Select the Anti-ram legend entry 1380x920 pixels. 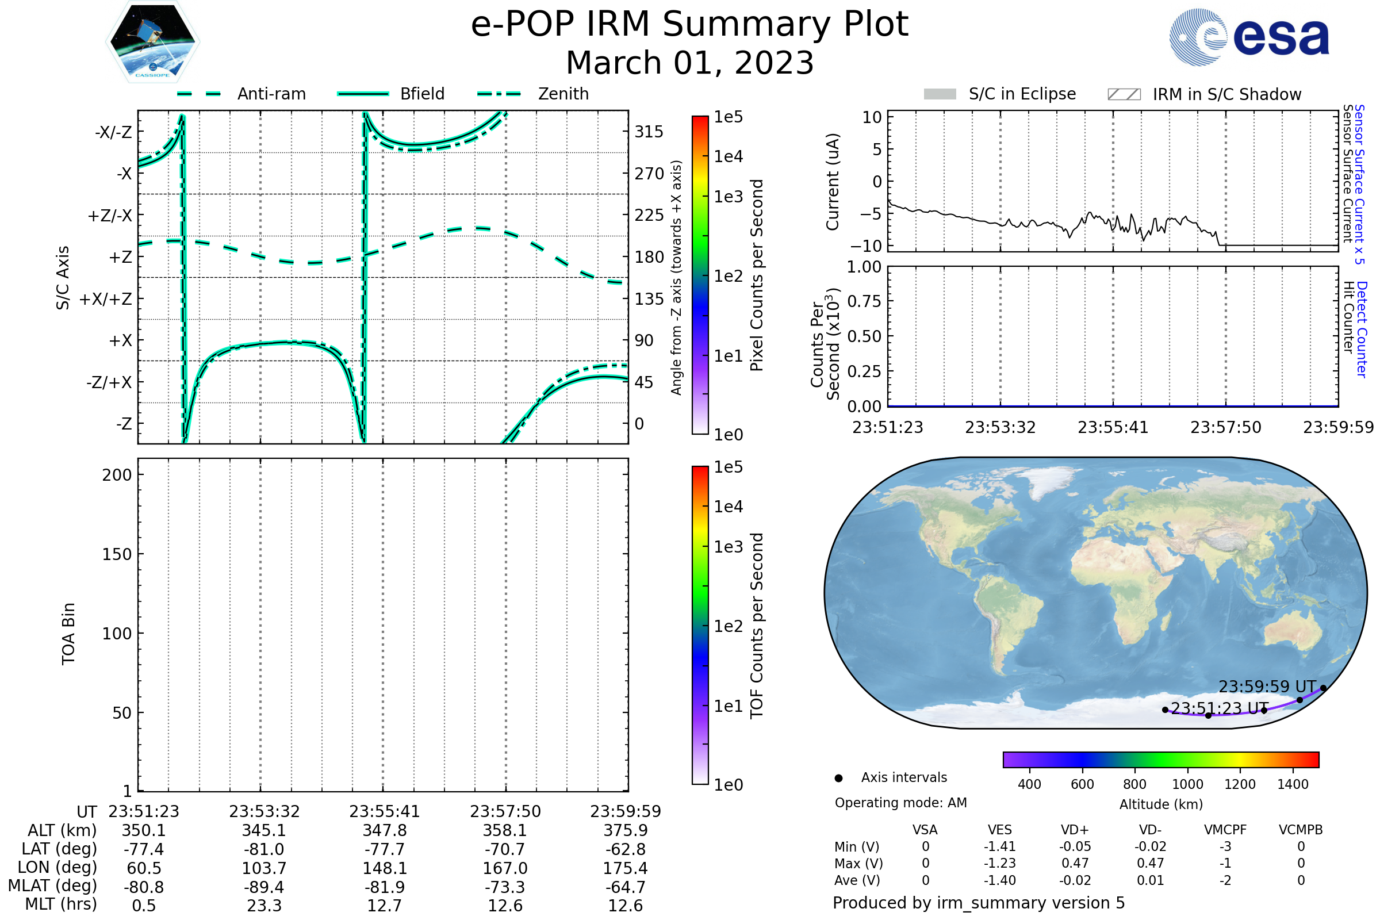(271, 94)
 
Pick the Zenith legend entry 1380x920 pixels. (563, 94)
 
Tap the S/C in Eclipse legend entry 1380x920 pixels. (1022, 94)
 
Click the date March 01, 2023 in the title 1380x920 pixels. (689, 63)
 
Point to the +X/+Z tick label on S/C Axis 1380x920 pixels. (106, 299)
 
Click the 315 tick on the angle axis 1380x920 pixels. (649, 132)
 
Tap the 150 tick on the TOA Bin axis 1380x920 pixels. (117, 554)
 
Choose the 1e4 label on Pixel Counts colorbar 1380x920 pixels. (728, 156)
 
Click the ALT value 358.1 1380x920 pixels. (505, 831)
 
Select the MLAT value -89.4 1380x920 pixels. (264, 887)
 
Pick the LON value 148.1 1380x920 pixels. (384, 868)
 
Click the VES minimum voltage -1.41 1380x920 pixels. (999, 846)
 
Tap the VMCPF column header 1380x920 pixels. (1225, 830)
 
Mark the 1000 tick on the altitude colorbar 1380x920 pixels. (1187, 784)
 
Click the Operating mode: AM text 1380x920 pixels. (900, 803)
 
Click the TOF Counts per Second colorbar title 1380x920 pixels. (757, 626)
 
